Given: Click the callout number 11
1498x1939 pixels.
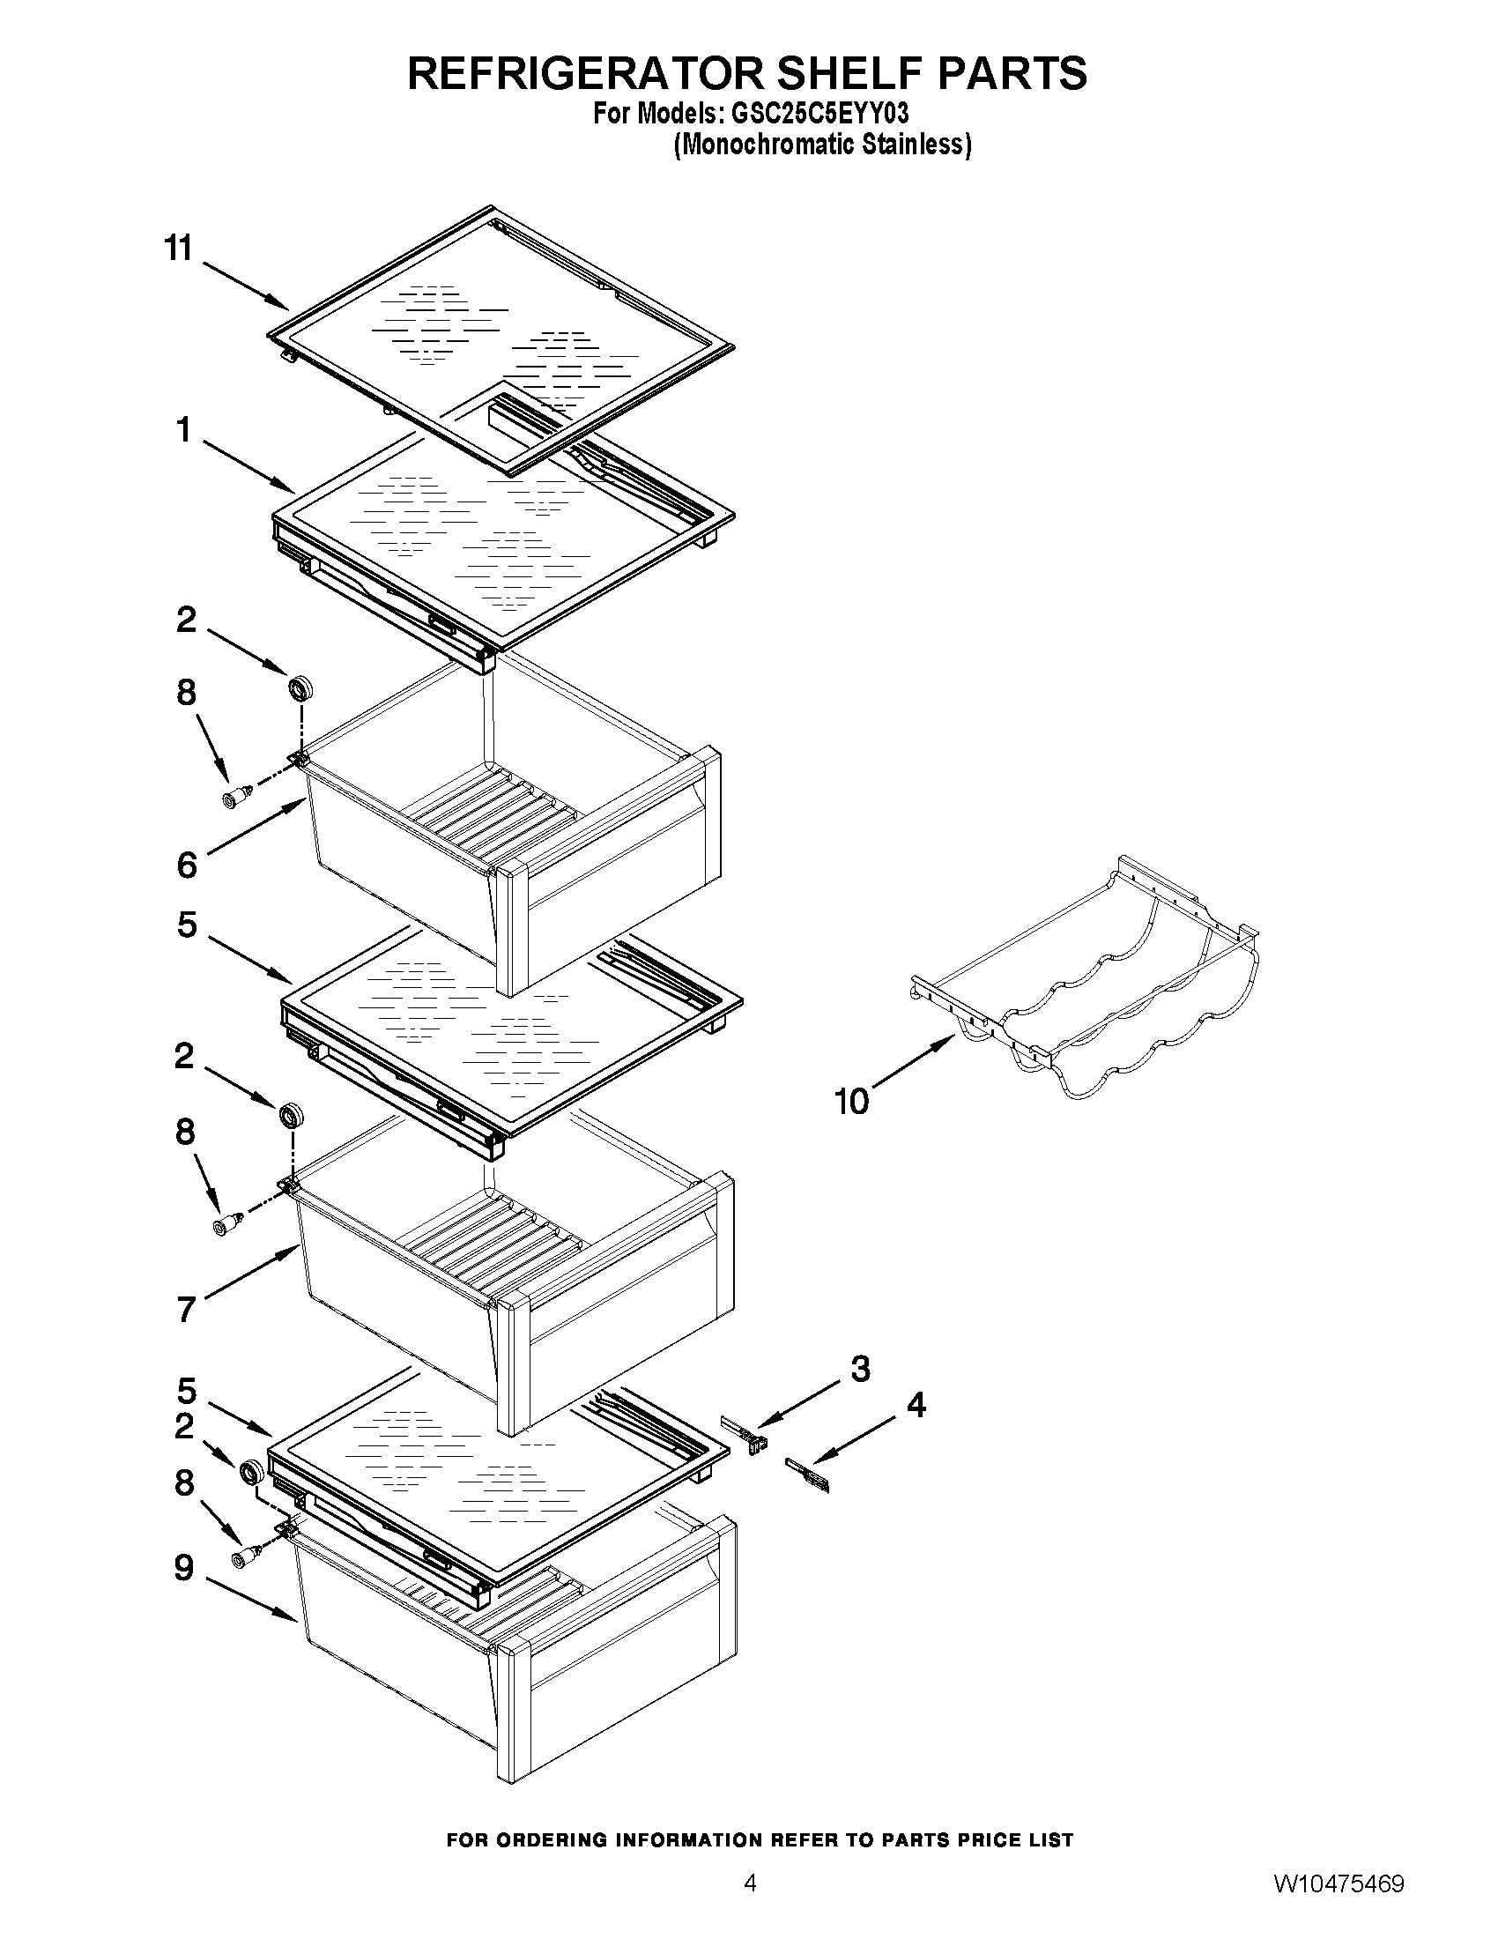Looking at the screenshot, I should (x=178, y=249).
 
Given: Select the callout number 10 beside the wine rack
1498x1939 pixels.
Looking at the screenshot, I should (x=851, y=1102).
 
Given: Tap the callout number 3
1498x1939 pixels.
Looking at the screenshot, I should (x=861, y=1370).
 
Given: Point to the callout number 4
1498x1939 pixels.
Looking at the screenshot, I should (x=916, y=1406).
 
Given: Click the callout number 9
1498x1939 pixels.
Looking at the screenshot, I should (x=182, y=1568).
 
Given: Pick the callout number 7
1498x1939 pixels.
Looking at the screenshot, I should (x=184, y=1310).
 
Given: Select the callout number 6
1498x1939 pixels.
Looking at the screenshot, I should (x=185, y=865).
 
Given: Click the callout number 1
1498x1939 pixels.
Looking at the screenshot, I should (x=183, y=431).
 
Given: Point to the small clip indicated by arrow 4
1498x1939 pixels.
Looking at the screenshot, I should (x=809, y=1477).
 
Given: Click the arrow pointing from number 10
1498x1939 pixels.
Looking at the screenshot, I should (x=913, y=1066).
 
